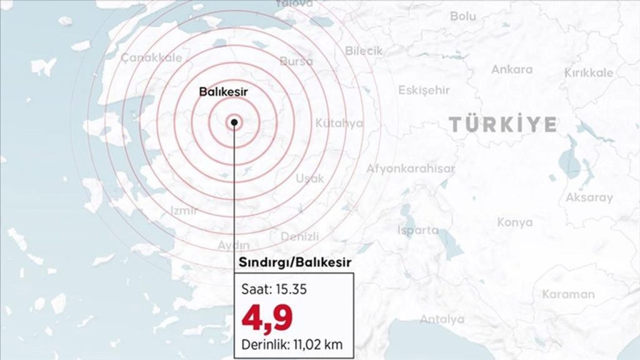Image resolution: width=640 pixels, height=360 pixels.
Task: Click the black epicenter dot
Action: (234, 122)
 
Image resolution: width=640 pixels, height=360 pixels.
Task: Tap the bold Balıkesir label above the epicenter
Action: (224, 91)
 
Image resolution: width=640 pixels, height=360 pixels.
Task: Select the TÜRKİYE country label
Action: (503, 124)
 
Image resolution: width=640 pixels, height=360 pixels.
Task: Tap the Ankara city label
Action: (512, 69)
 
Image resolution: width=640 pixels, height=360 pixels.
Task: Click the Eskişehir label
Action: (424, 91)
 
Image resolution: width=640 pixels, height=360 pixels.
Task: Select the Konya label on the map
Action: (515, 222)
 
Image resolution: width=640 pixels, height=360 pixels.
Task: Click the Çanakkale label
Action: (152, 57)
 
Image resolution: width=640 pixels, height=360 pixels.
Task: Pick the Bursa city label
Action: (296, 61)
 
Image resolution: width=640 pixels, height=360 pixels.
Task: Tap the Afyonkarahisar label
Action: (411, 168)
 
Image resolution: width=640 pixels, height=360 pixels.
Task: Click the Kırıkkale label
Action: (589, 73)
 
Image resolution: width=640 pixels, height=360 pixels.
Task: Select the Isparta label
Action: (417, 230)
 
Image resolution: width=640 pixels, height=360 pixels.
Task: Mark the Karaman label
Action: (568, 294)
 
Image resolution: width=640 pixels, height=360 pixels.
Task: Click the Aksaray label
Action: (589, 198)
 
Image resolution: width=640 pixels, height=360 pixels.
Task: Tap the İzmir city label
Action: (184, 211)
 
